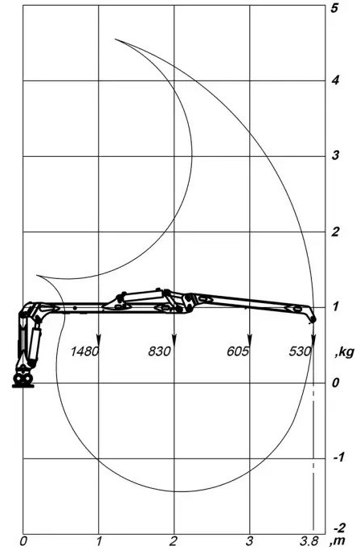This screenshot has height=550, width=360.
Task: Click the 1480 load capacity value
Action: [x=84, y=351]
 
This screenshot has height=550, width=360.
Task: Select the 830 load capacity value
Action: [x=159, y=351]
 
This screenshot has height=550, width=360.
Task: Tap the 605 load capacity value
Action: [x=238, y=351]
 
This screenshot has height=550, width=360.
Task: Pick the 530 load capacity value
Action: [x=300, y=351]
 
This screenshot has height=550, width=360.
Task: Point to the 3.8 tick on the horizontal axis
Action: [x=309, y=542]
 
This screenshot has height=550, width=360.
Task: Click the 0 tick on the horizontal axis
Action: [x=23, y=542]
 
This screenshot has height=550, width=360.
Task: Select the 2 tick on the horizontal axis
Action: [x=174, y=542]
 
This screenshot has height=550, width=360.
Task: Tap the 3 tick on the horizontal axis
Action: [x=249, y=542]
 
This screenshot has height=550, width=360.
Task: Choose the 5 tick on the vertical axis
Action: [x=335, y=8]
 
